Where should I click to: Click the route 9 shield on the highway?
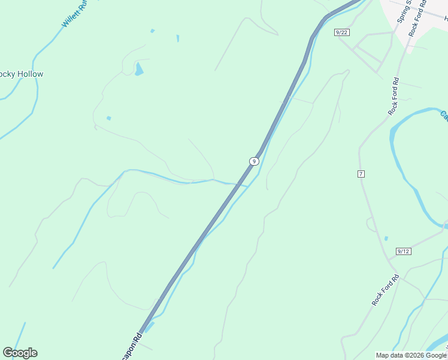(x=254, y=161)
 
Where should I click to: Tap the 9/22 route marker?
(x=342, y=32)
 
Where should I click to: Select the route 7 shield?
(x=361, y=174)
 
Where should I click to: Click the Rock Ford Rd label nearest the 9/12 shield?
(x=385, y=290)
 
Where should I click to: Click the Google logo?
(x=20, y=353)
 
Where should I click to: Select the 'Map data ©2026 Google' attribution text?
(x=411, y=355)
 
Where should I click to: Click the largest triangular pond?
(x=139, y=70)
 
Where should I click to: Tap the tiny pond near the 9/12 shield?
(x=386, y=238)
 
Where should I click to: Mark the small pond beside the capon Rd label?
(x=149, y=327)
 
